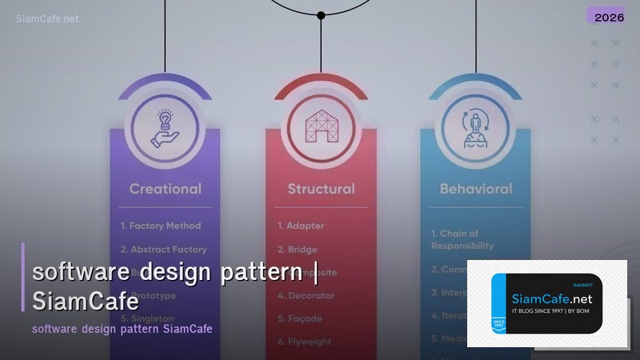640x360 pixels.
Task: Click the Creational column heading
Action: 165,190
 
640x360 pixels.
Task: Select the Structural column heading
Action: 321,190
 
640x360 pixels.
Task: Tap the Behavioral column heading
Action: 476,190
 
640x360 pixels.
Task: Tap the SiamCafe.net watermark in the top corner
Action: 47,18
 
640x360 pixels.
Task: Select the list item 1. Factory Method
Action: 160,226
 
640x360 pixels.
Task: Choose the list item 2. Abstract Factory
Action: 163,250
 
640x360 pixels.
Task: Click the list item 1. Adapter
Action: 301,226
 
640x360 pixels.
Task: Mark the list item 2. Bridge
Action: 298,250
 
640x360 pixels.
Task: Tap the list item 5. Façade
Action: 302,318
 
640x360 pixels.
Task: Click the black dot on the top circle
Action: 321,15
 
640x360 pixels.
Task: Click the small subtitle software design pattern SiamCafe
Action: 122,329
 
